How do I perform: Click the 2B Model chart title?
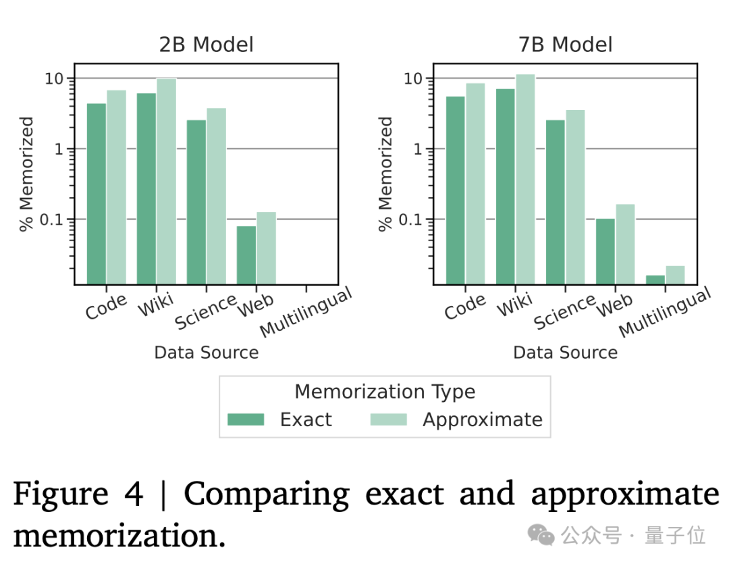206,45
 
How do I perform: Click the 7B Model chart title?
565,45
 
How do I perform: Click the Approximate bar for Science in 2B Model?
216,196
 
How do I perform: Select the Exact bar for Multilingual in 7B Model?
655,280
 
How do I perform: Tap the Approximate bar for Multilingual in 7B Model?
675,275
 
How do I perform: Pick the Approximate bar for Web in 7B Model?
625,244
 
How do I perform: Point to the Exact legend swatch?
246,419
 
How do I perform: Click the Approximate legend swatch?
389,419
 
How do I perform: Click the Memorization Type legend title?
385,392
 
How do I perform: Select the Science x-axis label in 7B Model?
564,311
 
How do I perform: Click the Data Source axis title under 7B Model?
565,352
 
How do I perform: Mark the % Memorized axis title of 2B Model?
26,174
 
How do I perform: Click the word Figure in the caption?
60,494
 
